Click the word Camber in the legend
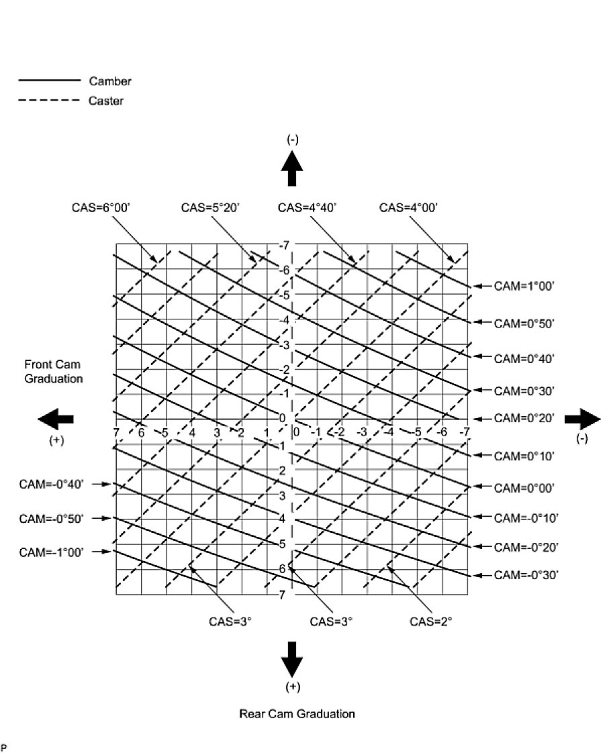[x=109, y=81]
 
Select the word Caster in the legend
[x=106, y=101]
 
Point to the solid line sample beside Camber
[x=49, y=81]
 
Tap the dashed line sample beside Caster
[x=49, y=101]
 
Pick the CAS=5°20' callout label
[x=210, y=207]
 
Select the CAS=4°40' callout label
[x=307, y=207]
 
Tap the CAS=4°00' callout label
[x=408, y=207]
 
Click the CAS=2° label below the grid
[x=430, y=621]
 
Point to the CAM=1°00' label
[x=524, y=286]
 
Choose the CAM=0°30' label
[x=524, y=391]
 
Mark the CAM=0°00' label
[x=524, y=488]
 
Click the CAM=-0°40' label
[x=50, y=483]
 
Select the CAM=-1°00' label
[x=50, y=552]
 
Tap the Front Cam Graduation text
[x=53, y=371]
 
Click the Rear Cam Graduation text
[x=297, y=713]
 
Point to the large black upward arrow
[x=292, y=168]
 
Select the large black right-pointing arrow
[x=581, y=419]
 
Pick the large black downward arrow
[x=292, y=658]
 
